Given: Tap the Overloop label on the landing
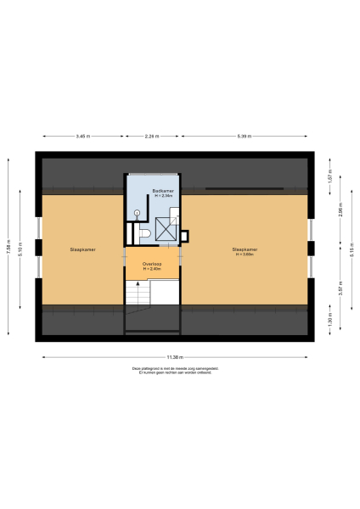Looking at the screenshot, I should click(153, 265).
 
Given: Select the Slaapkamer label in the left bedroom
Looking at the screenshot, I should click(82, 249).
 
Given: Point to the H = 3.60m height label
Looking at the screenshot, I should click(245, 253).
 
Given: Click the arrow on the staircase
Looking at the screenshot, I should click(138, 288).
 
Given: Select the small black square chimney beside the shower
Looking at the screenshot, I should click(186, 237).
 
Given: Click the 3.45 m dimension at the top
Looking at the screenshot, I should click(82, 136).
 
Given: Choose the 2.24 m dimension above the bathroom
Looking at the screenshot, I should click(152, 136).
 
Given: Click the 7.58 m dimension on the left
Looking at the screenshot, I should click(9, 249).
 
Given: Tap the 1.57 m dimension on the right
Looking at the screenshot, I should click(329, 180).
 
